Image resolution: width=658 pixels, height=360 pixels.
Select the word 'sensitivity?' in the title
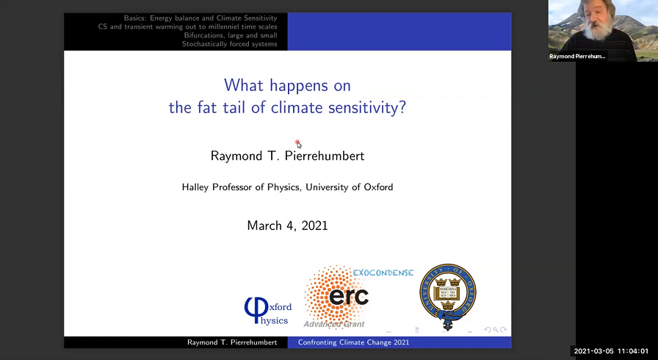point(368,108)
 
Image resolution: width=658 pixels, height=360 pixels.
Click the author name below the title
point(287,156)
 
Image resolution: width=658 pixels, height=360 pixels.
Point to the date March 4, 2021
point(287,226)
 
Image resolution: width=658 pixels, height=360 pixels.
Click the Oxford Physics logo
point(267,309)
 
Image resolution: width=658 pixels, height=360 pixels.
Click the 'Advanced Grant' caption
point(334,324)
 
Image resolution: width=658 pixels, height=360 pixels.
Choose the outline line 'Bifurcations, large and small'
point(231,35)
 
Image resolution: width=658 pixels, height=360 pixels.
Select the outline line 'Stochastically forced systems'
point(229,44)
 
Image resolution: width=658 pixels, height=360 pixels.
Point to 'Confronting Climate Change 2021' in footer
point(353,342)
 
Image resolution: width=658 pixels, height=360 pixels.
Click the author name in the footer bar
point(232,342)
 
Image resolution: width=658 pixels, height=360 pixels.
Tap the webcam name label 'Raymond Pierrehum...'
point(577,56)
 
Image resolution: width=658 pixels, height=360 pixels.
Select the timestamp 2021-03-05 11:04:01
point(611,351)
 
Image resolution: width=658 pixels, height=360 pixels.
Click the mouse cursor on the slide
point(298,144)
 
